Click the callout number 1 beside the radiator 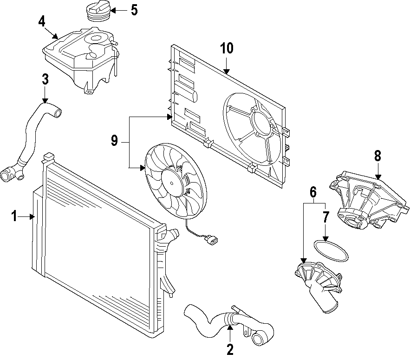pos(14,216)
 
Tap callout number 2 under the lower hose pos(229,348)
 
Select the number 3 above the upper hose pos(45,79)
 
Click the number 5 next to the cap pos(134,10)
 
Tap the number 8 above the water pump pos(377,156)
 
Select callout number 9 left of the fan pos(115,141)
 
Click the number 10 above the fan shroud pos(227,48)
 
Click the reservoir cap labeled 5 pos(98,11)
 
